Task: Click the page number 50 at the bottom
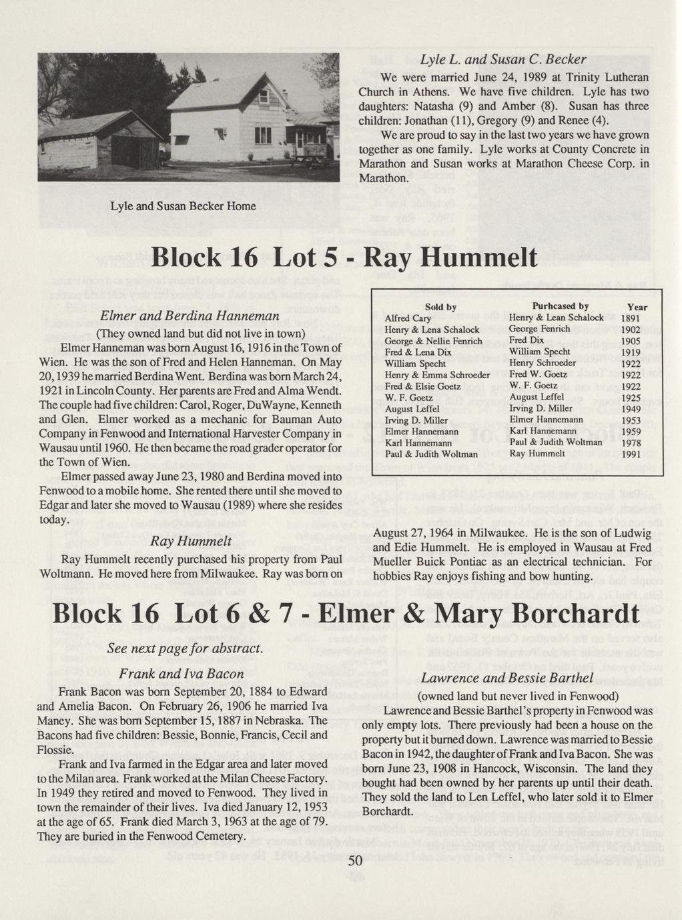[x=354, y=862]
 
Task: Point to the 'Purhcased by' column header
[x=560, y=306]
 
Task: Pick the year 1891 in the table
[x=631, y=318]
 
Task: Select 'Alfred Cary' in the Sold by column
[x=408, y=318]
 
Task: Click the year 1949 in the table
[x=631, y=409]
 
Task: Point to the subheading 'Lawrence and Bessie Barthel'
[x=507, y=678]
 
